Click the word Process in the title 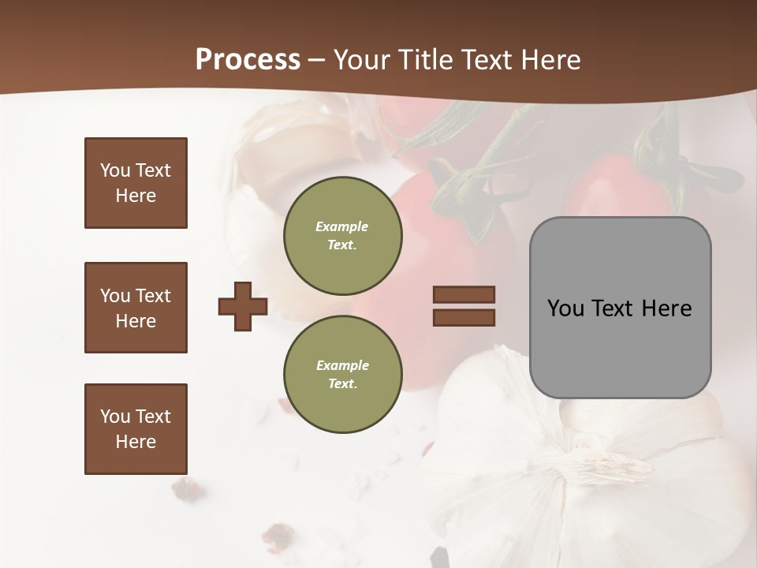[248, 60]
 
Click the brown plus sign [243, 307]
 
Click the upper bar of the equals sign [464, 295]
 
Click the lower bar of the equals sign [464, 317]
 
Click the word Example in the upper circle [342, 226]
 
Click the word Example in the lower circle [342, 365]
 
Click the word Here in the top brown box [136, 196]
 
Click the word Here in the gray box [666, 308]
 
